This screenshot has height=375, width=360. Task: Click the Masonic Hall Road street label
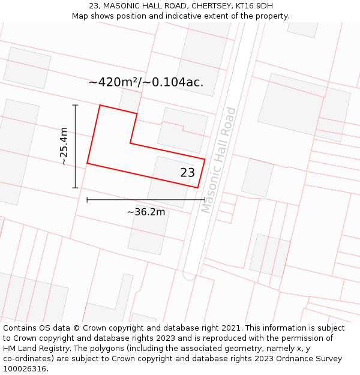pyautogui.click(x=219, y=160)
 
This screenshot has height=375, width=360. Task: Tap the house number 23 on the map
pyautogui.click(x=187, y=173)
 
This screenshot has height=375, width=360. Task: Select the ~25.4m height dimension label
pyautogui.click(x=64, y=146)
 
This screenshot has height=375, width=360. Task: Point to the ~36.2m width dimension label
pyautogui.click(x=146, y=212)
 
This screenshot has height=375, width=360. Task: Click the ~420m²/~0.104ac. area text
pyautogui.click(x=146, y=83)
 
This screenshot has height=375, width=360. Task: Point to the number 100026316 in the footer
pyautogui.click(x=23, y=368)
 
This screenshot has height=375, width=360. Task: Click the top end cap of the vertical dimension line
pyautogui.click(x=76, y=105)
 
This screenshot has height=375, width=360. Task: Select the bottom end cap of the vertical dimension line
pyautogui.click(x=76, y=188)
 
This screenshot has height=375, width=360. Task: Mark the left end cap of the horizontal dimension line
pyautogui.click(x=87, y=200)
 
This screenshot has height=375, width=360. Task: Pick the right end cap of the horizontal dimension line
pyautogui.click(x=205, y=200)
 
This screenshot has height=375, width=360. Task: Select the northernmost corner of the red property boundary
pyautogui.click(x=100, y=106)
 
